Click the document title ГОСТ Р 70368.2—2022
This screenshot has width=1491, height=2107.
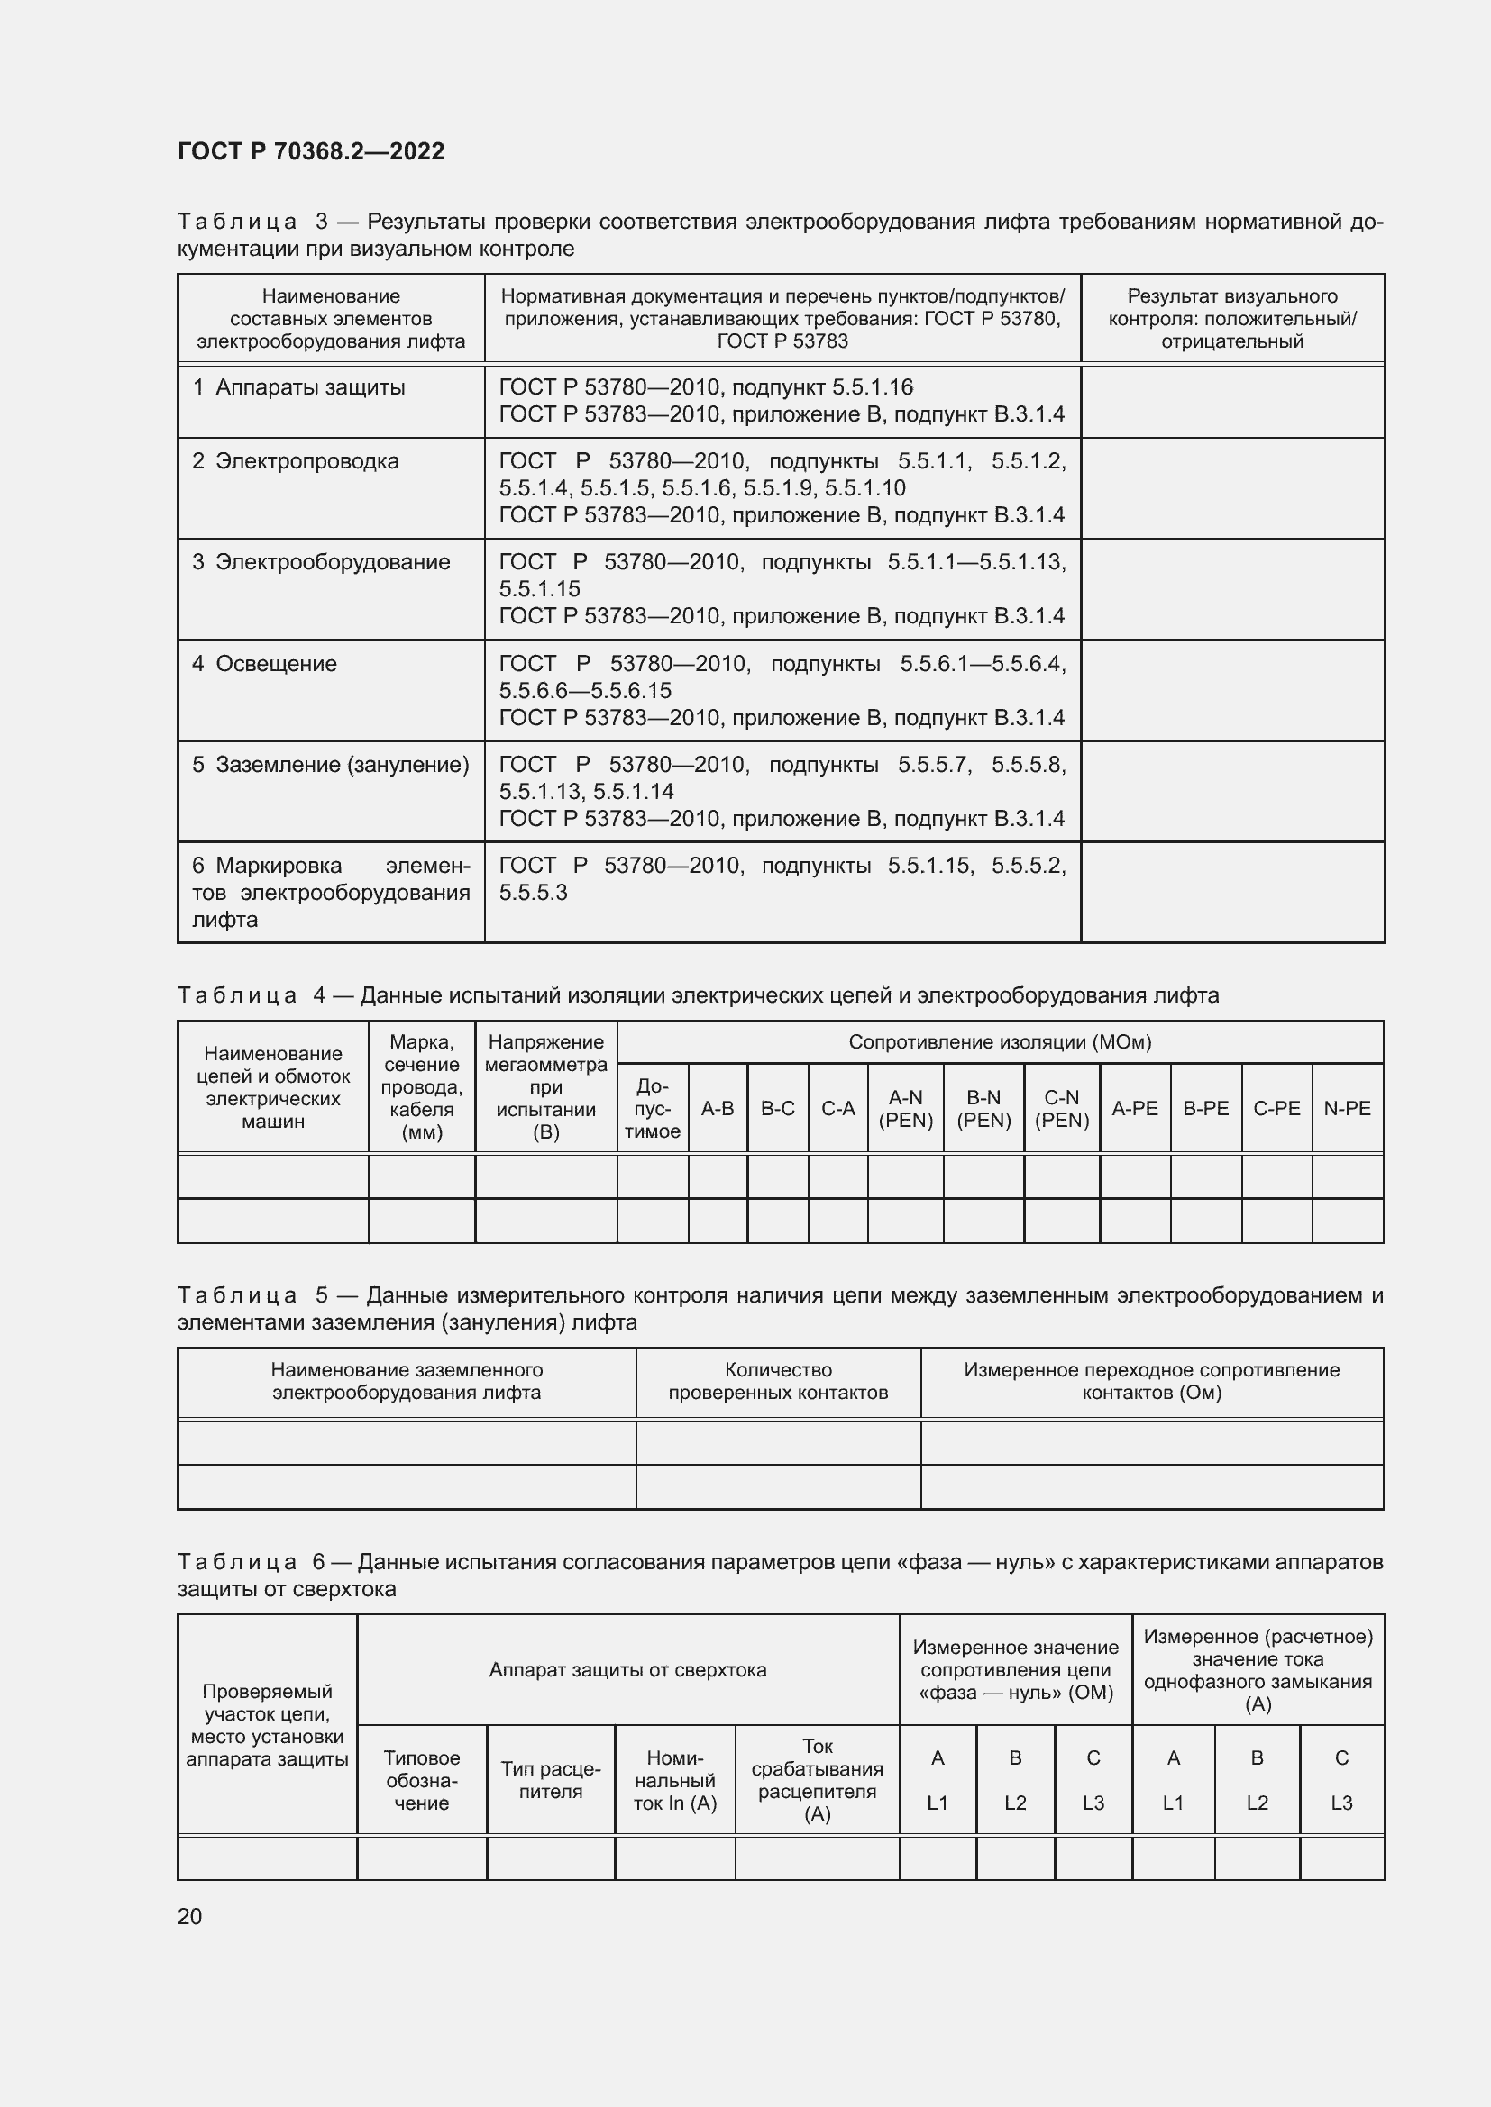pyautogui.click(x=310, y=151)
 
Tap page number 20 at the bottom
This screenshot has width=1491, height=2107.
pyautogui.click(x=189, y=1916)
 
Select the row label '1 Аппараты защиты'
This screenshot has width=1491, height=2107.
pyautogui.click(x=298, y=387)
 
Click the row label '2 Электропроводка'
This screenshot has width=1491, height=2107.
pyautogui.click(x=296, y=460)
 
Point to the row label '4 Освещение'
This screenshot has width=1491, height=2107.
pyautogui.click(x=264, y=664)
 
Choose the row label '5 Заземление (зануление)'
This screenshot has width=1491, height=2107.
pyautogui.click(x=331, y=765)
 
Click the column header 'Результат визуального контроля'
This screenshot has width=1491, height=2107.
pyautogui.click(x=1231, y=318)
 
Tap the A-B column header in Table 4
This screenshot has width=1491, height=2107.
pyautogui.click(x=717, y=1109)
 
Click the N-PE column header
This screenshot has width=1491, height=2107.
pyautogui.click(x=1346, y=1109)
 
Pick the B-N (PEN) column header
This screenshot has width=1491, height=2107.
pyautogui.click(x=983, y=1109)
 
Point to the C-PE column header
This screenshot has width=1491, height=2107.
pyautogui.click(x=1276, y=1109)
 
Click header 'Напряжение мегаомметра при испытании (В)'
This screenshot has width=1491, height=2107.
pyautogui.click(x=545, y=1086)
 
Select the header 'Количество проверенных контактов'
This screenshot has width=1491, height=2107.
pyautogui.click(x=778, y=1381)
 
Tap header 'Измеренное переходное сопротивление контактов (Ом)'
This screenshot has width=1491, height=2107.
pyautogui.click(x=1151, y=1381)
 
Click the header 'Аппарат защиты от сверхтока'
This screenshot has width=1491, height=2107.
pyautogui.click(x=627, y=1670)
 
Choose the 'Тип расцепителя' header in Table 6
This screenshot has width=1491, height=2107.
pyautogui.click(x=550, y=1779)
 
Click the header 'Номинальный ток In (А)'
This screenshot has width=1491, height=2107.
pyautogui.click(x=675, y=1780)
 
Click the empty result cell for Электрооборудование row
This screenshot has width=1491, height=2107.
pyautogui.click(x=1231, y=589)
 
